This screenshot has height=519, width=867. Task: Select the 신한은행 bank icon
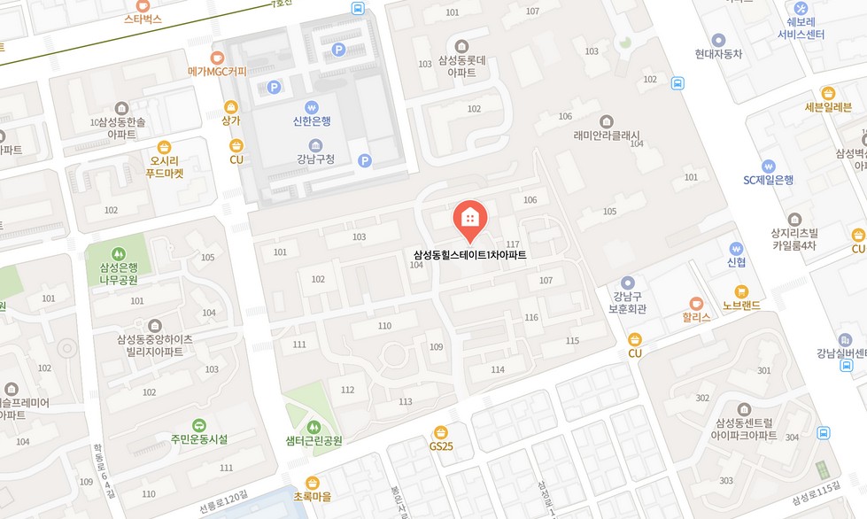(x=312, y=106)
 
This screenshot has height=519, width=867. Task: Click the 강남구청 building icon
(x=315, y=145)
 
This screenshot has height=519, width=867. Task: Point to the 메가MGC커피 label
(x=217, y=72)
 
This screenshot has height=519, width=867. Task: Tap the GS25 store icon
(x=441, y=431)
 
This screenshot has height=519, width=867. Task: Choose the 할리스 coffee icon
(x=696, y=302)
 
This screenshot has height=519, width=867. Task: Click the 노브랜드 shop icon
(x=742, y=291)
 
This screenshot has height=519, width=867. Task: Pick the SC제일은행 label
(x=768, y=180)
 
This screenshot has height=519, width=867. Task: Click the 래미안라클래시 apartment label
(x=606, y=136)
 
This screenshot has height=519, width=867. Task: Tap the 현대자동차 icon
(x=718, y=40)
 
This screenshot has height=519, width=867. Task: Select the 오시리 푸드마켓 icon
(x=164, y=147)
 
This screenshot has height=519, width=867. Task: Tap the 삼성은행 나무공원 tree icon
(x=119, y=254)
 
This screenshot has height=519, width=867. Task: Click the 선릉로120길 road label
(x=221, y=508)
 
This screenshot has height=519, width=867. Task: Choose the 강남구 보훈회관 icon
(x=628, y=283)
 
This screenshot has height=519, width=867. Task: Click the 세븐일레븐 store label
(x=827, y=108)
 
